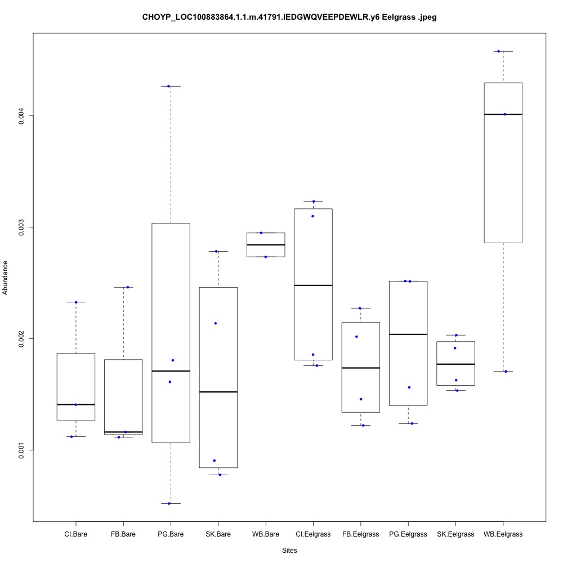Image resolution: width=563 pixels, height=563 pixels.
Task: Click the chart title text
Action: point(289,17)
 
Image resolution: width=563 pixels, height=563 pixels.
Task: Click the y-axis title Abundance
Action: point(6,278)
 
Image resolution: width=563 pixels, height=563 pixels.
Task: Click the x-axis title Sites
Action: point(289,550)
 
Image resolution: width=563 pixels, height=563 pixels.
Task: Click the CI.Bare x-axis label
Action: point(75,534)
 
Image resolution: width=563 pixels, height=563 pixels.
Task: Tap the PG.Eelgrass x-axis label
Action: point(408,534)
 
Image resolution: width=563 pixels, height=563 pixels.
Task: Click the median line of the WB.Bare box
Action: point(266,245)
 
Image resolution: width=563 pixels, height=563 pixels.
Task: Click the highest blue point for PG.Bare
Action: point(168,86)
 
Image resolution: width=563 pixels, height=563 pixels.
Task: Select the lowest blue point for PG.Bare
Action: point(169,503)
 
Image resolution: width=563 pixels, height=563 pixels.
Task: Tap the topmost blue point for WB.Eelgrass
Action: point(499,51)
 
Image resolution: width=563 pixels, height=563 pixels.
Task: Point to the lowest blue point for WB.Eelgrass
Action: point(506,372)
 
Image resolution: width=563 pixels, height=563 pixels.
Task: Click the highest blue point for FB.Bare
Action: point(128,287)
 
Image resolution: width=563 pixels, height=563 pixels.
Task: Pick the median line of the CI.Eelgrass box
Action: point(313,285)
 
